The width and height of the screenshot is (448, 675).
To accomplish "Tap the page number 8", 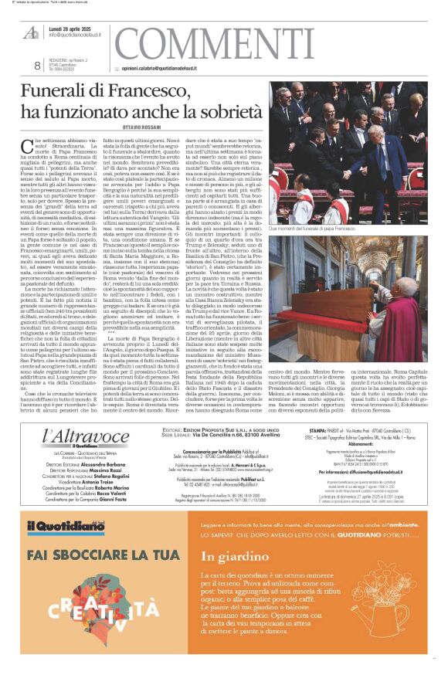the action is (x=37, y=66).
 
